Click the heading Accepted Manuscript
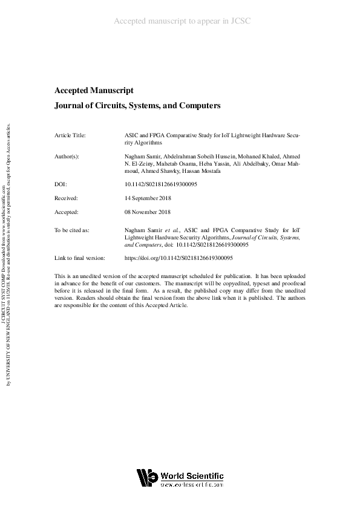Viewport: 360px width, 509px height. coord(94,91)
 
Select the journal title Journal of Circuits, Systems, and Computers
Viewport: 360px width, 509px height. coord(137,106)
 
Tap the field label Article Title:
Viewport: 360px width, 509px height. coord(70,135)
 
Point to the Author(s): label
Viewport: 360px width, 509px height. coord(67,156)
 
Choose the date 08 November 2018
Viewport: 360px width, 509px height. coord(148,212)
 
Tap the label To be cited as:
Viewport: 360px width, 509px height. coord(72,230)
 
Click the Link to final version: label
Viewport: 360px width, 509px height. coord(80,258)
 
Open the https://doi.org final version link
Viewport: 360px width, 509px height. coord(169,258)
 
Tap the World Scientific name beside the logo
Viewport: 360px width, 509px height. coord(192,475)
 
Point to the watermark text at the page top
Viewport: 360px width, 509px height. coord(182,21)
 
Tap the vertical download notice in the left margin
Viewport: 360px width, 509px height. coord(7,254)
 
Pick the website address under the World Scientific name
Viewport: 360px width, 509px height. coord(192,485)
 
